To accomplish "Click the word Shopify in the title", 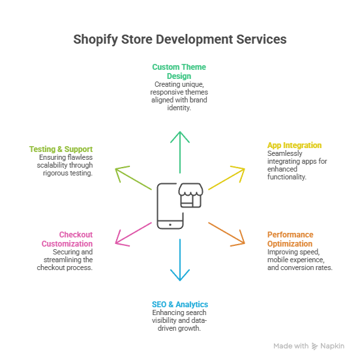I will click(x=95, y=40).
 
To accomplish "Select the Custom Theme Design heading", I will click(x=179, y=71).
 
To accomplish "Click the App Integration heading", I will click(x=294, y=145).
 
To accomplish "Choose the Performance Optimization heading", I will click(x=290, y=239).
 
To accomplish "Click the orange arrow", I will click(x=227, y=234).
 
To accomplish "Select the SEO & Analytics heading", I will click(x=179, y=305).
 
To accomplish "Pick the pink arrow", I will click(x=134, y=233).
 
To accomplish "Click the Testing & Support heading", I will click(x=61, y=149).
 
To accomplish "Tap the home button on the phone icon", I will click(x=170, y=224).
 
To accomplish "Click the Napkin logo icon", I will click(x=316, y=346).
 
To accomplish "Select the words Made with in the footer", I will click(x=291, y=346).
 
